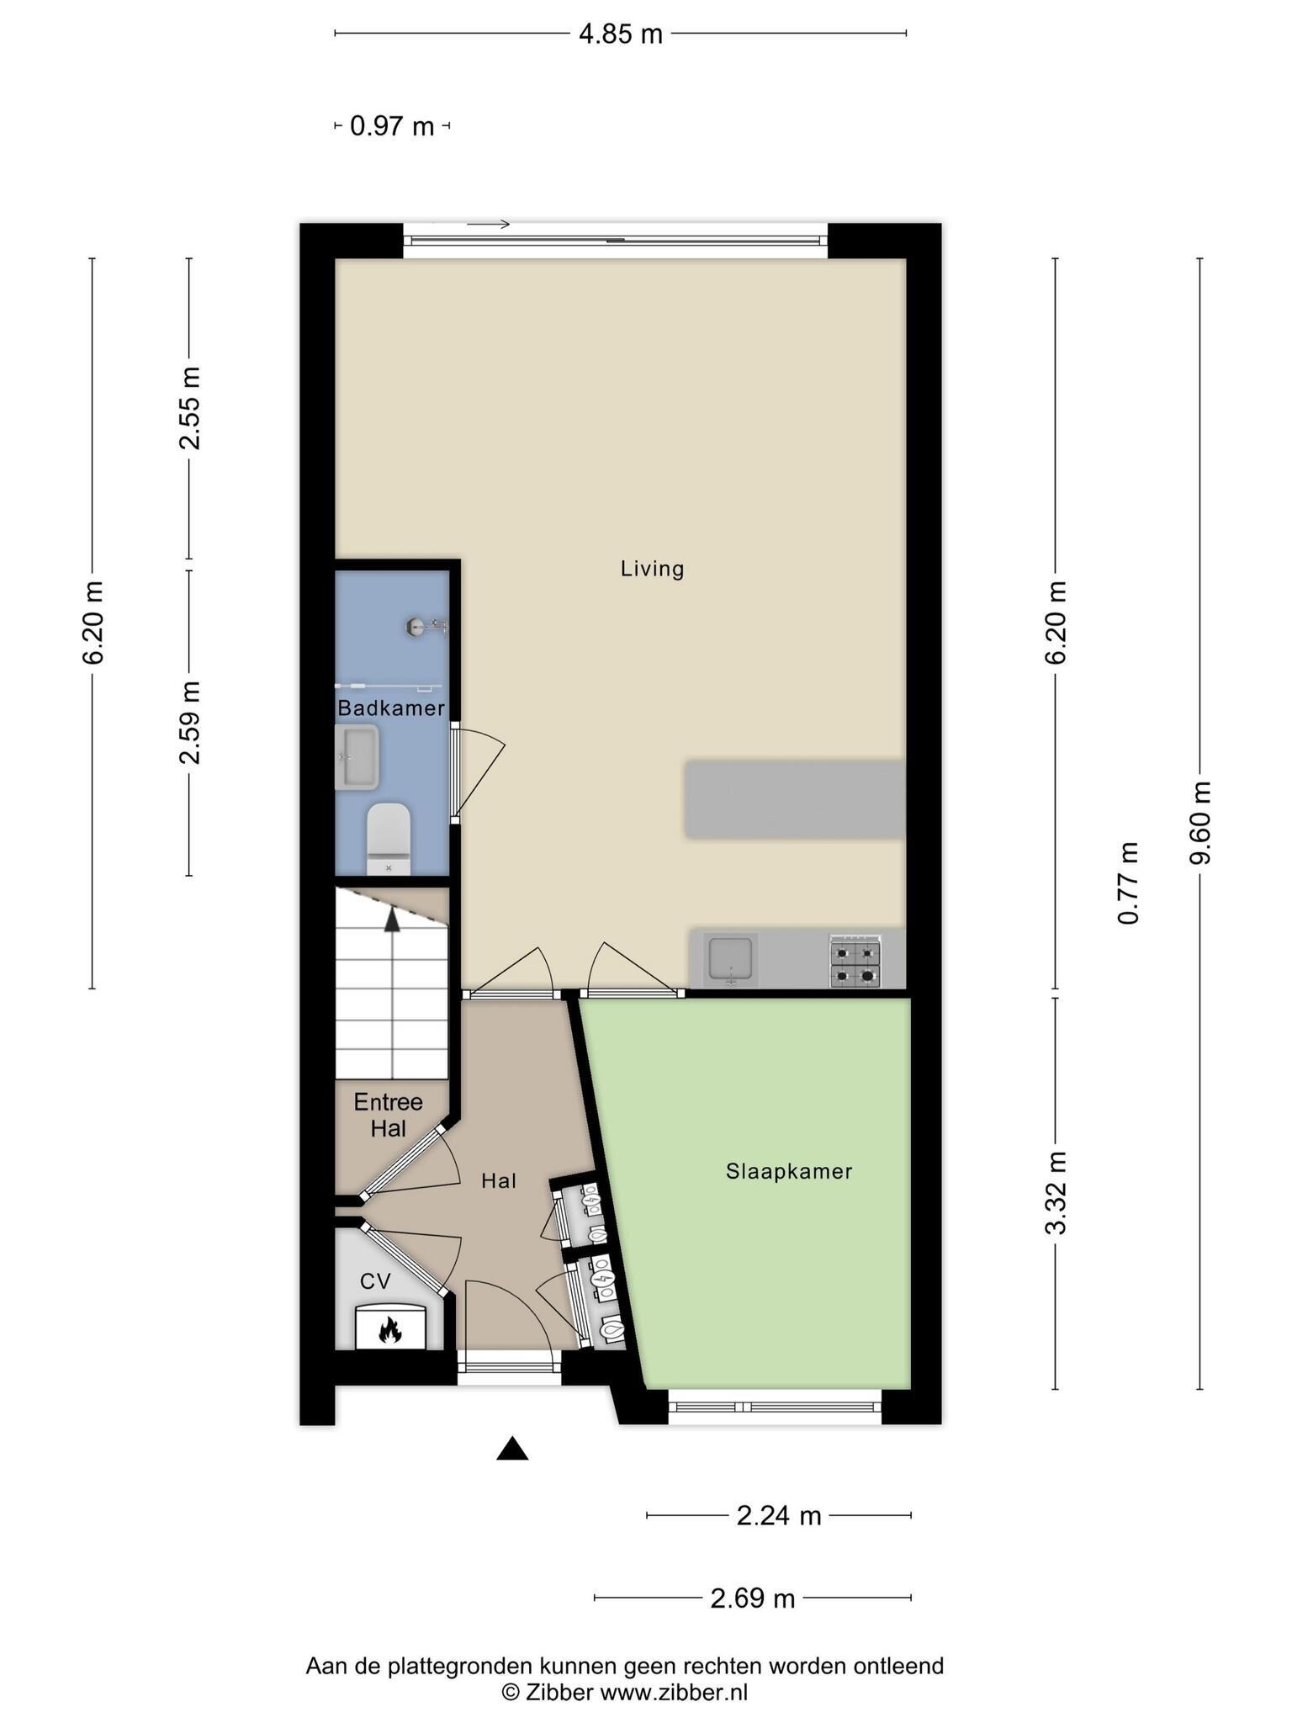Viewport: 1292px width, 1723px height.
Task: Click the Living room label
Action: [x=652, y=569]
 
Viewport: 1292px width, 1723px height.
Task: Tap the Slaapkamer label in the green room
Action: [x=789, y=1171]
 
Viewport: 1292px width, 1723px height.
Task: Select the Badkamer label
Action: [x=391, y=708]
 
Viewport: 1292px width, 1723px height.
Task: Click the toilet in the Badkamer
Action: [x=389, y=839]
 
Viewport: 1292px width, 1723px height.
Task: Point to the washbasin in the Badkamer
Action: [x=357, y=757]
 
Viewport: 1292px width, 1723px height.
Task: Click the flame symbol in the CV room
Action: [x=389, y=1329]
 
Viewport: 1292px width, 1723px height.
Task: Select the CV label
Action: [x=375, y=1281]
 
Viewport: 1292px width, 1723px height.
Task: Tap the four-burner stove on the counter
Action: [x=855, y=961]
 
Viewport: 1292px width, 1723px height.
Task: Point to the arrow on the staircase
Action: [x=392, y=920]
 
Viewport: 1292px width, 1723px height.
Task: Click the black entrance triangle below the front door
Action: [x=512, y=1448]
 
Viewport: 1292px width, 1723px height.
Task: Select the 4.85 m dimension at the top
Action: [x=621, y=34]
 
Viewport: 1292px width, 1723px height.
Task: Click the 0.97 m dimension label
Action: [x=392, y=126]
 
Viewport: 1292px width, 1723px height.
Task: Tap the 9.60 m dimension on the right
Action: [x=1199, y=824]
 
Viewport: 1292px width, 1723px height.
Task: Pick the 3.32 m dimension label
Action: [x=1056, y=1193]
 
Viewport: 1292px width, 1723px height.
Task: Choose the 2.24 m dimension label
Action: [x=779, y=1515]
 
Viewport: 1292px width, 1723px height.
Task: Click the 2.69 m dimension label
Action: [x=753, y=1598]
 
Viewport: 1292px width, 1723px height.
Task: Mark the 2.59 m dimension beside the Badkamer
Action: [x=189, y=723]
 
